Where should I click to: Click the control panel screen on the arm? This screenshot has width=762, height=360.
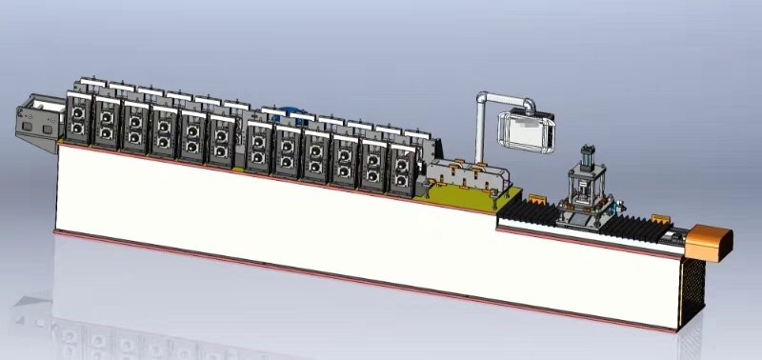527,130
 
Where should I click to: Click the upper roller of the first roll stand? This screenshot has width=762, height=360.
76,114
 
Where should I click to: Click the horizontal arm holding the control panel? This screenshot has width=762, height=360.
506,97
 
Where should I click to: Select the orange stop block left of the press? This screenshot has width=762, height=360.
535,200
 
